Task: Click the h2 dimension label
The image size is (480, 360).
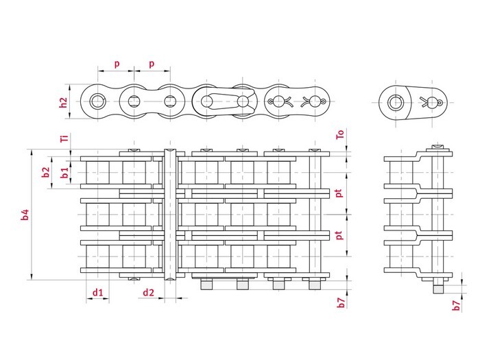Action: tap(63, 103)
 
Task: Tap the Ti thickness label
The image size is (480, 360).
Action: tap(64, 138)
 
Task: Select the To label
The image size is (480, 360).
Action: tap(340, 134)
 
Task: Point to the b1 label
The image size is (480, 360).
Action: tap(64, 173)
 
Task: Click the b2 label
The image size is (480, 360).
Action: tap(46, 172)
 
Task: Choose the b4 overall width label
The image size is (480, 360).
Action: tap(25, 215)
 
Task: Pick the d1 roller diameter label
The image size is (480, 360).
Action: tap(97, 293)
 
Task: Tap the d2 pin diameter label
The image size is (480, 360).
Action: tap(149, 293)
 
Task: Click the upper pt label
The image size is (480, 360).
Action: tap(339, 193)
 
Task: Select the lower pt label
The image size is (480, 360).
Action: tap(339, 235)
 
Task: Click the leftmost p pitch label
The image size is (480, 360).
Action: tap(117, 64)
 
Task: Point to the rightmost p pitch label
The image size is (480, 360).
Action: tap(152, 64)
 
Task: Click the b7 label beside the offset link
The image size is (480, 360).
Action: tap(457, 306)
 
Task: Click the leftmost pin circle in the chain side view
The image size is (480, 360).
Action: tap(97, 101)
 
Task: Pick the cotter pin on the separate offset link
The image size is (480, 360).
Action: tap(431, 102)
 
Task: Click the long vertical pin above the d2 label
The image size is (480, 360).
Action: tap(171, 215)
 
